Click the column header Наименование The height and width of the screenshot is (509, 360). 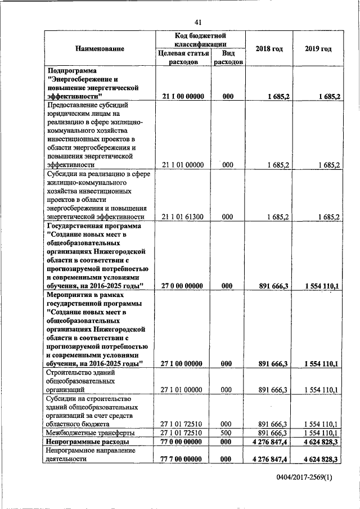[100, 49]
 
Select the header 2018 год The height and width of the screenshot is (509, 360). [269, 49]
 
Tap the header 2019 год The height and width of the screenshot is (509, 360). [318, 49]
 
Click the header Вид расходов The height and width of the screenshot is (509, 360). [228, 57]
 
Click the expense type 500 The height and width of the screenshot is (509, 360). [227, 433]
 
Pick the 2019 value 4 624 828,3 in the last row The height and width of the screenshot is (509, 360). [318, 459]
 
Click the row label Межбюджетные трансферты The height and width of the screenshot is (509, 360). [86, 433]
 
